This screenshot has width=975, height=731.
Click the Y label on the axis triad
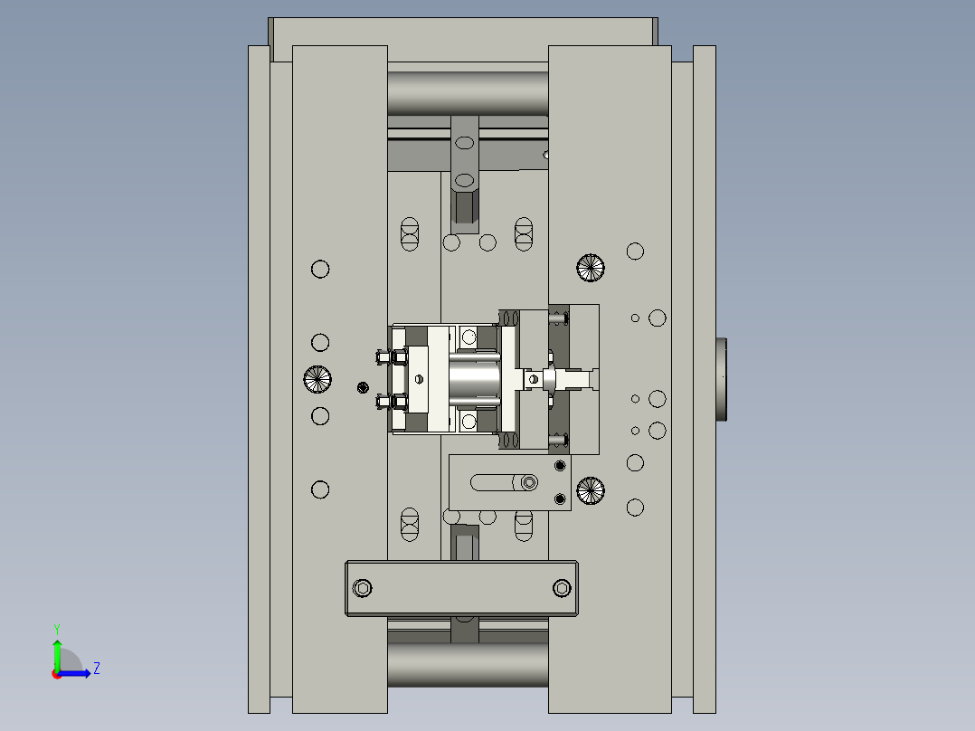coord(56,628)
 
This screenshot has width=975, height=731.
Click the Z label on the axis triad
coord(96,669)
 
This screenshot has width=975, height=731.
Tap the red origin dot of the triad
coord(56,673)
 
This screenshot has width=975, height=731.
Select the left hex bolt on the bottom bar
coord(363,588)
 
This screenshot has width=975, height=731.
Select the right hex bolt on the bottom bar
coord(562,588)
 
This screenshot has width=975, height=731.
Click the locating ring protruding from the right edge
coord(722,379)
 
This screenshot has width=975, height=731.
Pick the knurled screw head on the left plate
coord(318,378)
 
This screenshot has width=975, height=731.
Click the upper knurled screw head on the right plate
coord(590,266)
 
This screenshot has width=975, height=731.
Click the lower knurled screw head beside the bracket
coord(590,490)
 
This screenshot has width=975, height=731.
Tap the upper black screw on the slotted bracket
coord(559,465)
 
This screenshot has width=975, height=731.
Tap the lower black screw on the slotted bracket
coord(559,498)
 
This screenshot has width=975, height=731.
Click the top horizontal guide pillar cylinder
coord(468,93)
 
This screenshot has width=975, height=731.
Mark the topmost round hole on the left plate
coord(320,269)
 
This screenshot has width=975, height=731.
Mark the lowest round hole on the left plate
coord(320,489)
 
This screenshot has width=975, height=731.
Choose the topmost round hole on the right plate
coord(635,251)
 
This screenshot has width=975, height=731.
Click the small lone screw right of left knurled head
coord(363,388)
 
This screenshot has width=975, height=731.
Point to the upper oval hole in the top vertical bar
coord(464,143)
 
